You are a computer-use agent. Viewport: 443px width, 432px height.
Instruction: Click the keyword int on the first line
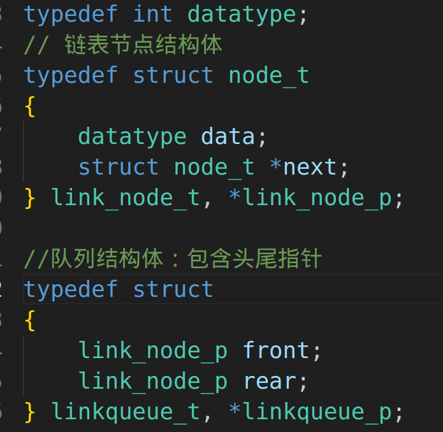[x=153, y=14]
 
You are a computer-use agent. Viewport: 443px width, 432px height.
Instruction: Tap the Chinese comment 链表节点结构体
[x=143, y=45]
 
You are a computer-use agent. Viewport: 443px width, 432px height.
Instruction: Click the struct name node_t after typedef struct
[x=268, y=75]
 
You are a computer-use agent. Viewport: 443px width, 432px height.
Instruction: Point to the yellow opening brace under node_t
[x=30, y=106]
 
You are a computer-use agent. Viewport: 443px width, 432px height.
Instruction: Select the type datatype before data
[x=132, y=136]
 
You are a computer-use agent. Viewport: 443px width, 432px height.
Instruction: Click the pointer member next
[x=310, y=167]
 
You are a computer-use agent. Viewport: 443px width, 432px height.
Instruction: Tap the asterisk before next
[x=275, y=167]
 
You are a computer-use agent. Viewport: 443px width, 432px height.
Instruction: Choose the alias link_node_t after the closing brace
[x=126, y=198]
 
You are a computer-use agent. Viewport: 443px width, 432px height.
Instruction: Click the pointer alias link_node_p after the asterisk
[x=317, y=198]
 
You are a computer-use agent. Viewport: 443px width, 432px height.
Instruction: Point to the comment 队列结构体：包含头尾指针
[x=172, y=259]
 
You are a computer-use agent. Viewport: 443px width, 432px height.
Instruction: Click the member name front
[x=275, y=350]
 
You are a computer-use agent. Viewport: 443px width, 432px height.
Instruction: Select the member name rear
[x=268, y=381]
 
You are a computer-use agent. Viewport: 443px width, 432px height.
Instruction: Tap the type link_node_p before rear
[x=153, y=381]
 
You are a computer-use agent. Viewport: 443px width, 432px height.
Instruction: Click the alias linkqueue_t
[x=126, y=412]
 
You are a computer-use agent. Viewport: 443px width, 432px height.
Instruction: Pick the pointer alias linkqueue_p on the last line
[x=317, y=412]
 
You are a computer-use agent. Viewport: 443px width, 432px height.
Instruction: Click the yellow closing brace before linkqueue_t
[x=30, y=412]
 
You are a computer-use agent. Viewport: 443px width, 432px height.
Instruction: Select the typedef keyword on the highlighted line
[x=71, y=289]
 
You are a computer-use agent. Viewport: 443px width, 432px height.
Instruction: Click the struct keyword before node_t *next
[x=119, y=167]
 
